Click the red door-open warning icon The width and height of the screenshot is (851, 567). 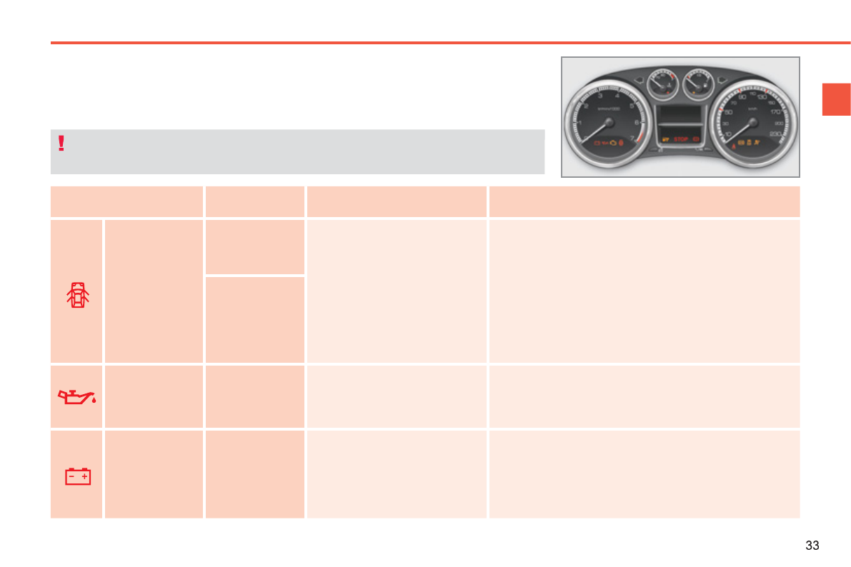pos(77,294)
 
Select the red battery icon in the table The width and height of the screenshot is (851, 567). pos(78,476)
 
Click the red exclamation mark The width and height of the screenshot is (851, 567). pos(61,144)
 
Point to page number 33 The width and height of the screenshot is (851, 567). pos(812,546)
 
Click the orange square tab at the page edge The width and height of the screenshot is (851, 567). pos(835,99)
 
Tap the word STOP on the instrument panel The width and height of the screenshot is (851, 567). pos(680,139)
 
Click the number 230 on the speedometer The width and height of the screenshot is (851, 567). pos(776,134)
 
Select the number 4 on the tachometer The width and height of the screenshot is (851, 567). pos(617,95)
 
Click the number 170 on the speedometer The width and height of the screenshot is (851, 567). pos(776,111)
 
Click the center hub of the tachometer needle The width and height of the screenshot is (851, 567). pos(609,122)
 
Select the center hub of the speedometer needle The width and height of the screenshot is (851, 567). pos(752,122)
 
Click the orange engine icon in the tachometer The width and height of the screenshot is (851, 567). pos(613,144)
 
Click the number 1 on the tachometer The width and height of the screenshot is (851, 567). pos(581,122)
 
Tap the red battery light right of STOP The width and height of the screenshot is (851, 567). pos(695,139)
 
